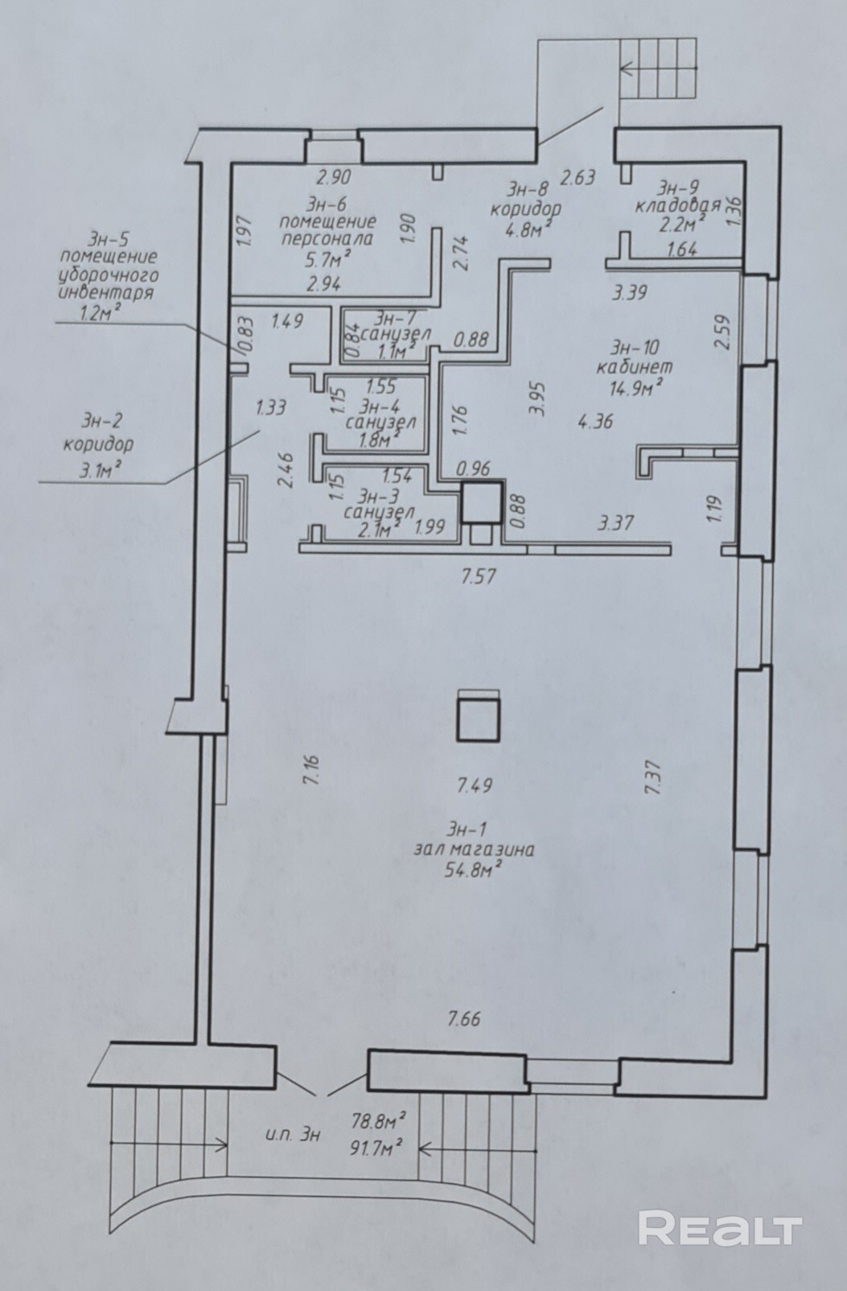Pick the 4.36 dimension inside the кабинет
595,420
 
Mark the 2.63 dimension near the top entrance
578,176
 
